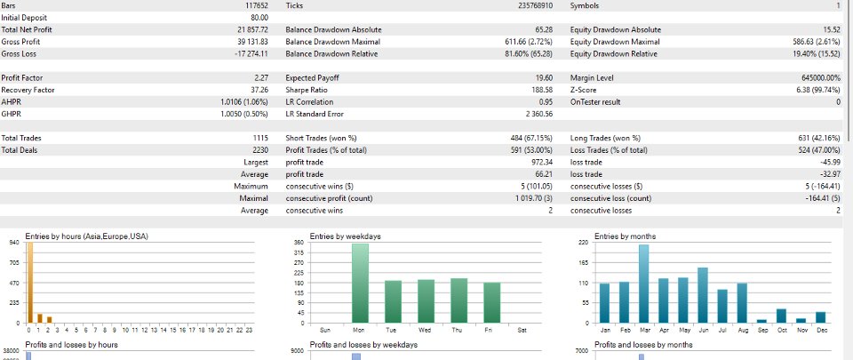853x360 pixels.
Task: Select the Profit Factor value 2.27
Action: (x=261, y=77)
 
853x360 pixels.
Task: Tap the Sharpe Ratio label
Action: (x=306, y=90)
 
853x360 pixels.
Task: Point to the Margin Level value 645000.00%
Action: (x=817, y=77)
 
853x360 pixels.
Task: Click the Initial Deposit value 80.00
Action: (x=259, y=18)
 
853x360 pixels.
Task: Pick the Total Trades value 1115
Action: (x=261, y=138)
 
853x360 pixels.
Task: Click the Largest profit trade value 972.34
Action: (x=542, y=162)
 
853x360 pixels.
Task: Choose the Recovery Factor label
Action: (x=28, y=90)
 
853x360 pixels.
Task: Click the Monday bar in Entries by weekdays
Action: (x=360, y=284)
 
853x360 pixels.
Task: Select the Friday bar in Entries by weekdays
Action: (x=491, y=303)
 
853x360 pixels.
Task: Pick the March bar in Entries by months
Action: (x=643, y=284)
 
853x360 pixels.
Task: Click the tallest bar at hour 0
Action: (x=30, y=283)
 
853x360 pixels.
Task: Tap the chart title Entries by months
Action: (x=625, y=236)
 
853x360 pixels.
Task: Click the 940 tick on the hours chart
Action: (x=15, y=243)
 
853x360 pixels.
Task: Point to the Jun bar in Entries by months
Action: (x=702, y=295)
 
